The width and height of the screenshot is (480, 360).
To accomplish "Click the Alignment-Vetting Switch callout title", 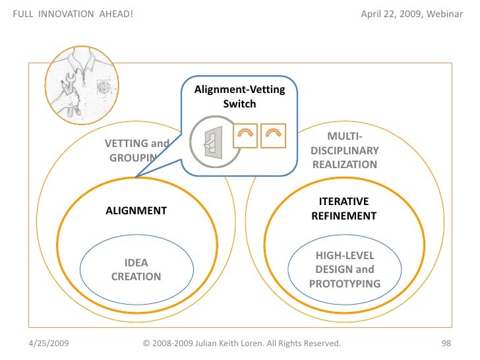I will [239, 96].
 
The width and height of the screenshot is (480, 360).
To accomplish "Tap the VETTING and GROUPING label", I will [136, 150].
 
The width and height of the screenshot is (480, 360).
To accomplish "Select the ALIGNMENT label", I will [136, 211].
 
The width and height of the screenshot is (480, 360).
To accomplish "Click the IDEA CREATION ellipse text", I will [136, 270].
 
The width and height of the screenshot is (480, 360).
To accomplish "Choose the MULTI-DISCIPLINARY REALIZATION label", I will [345, 150].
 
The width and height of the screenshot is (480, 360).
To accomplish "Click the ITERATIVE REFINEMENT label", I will [344, 208].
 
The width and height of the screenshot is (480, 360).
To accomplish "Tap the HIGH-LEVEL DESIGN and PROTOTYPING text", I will [345, 270].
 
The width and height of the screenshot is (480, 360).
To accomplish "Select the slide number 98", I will [446, 344].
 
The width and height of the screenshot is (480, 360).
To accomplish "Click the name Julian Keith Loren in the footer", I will [231, 344].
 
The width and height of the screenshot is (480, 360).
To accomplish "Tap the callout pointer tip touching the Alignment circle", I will [135, 177].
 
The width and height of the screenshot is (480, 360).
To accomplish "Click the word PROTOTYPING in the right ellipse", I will [345, 284].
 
